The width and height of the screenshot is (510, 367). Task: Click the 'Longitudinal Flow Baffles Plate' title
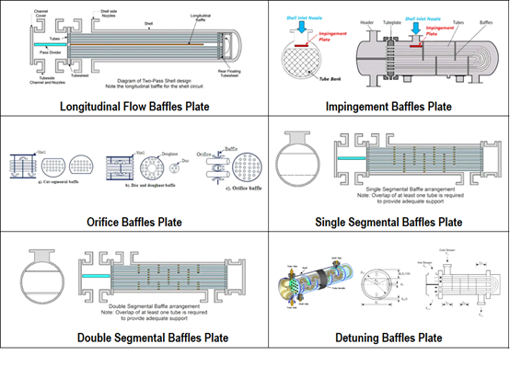click(x=134, y=107)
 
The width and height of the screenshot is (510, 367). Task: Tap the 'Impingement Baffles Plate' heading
click(x=388, y=107)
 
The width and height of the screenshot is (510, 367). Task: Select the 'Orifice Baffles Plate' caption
click(x=134, y=222)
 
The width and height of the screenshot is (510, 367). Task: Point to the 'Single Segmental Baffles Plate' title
click(x=388, y=222)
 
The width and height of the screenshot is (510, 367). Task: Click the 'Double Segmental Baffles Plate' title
click(x=134, y=337)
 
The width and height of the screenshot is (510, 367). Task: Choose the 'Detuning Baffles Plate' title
click(x=388, y=337)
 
